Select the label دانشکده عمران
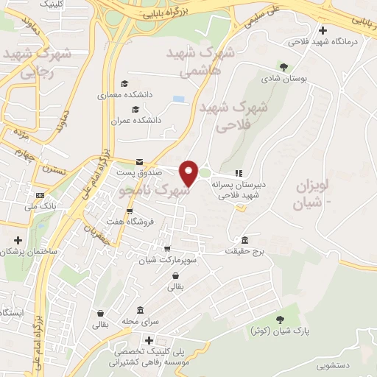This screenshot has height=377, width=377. coord(135,120)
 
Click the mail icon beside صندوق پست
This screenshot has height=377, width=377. coord(138,162)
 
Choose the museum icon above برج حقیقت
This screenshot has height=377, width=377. coord(245,240)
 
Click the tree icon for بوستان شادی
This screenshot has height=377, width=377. coord(283,66)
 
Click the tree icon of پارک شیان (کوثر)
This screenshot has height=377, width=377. coord(279,318)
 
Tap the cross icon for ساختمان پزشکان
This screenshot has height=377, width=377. coord(18,240)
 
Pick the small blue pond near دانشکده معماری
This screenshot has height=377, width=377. coord(177,99)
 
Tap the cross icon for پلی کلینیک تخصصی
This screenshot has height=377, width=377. coord(149,340)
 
